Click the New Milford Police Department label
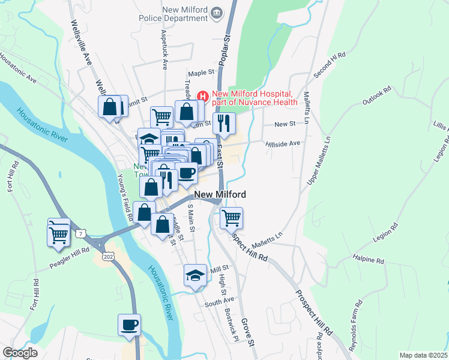(185, 14)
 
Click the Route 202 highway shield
(109, 256)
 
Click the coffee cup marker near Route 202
(129, 326)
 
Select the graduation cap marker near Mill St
(195, 275)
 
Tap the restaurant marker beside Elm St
(224, 123)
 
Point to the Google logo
(20, 353)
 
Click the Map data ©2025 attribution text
(423, 355)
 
